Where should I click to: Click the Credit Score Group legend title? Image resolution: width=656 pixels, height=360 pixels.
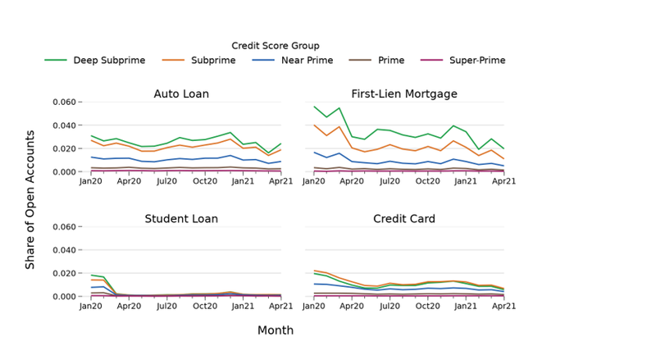pos(276,46)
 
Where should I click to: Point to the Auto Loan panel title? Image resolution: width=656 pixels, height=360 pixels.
pos(181,94)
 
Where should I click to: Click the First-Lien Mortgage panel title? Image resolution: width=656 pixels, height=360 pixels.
pos(404,94)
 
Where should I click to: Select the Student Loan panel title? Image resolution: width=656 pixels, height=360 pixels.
pos(181,219)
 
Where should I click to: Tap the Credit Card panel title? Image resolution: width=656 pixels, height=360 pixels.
pos(404,219)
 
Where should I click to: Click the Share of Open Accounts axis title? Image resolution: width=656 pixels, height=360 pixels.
pos(30,199)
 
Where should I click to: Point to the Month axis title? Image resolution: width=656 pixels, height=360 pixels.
pos(276,330)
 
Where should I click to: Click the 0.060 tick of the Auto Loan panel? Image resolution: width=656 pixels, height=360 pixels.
pos(65,103)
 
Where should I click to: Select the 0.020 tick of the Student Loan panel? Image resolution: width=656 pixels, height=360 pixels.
pos(65,273)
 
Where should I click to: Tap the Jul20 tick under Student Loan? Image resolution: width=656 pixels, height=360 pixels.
pos(167,306)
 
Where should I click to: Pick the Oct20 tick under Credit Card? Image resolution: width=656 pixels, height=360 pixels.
pos(428,306)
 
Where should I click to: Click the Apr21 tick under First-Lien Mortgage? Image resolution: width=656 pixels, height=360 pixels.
pos(503,181)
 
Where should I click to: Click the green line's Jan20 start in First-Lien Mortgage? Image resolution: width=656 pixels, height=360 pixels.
pos(314,107)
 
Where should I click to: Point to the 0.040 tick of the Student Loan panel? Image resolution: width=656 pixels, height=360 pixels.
pos(65,250)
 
